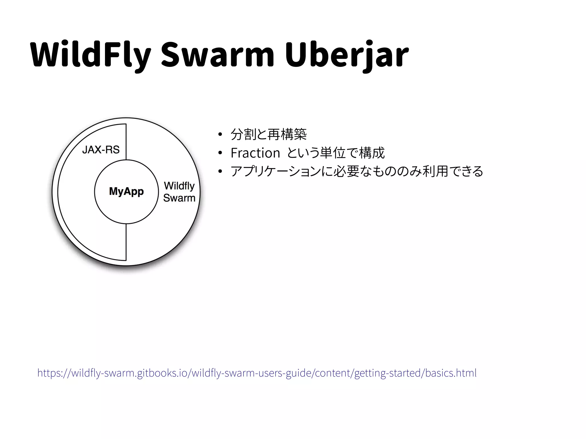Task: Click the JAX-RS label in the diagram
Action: click(x=101, y=150)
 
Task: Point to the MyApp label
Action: click(x=126, y=191)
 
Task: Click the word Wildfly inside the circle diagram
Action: click(x=179, y=186)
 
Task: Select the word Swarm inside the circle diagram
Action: click(x=179, y=198)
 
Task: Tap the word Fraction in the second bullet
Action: click(x=255, y=153)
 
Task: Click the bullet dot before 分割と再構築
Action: click(x=220, y=134)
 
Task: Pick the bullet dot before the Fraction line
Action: click(x=220, y=153)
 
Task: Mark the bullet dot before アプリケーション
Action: click(x=220, y=171)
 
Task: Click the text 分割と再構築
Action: click(x=268, y=134)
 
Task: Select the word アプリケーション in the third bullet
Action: click(x=275, y=171)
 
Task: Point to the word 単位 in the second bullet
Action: click(x=332, y=153)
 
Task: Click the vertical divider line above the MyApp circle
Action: click(x=126, y=142)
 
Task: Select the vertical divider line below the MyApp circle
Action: click(x=126, y=242)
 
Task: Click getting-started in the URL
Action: click(x=387, y=373)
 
